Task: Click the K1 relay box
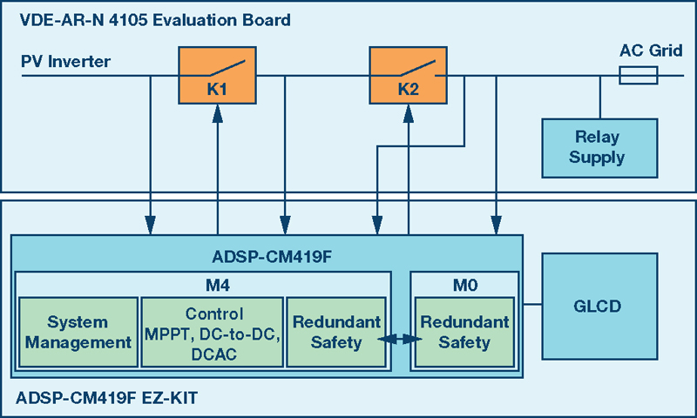click(x=217, y=76)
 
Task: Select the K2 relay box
click(x=408, y=76)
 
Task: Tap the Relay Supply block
click(x=599, y=148)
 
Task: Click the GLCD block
click(x=599, y=306)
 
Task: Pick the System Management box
click(x=78, y=333)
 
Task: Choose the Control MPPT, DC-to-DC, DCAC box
click(x=212, y=333)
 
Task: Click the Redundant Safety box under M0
click(x=464, y=333)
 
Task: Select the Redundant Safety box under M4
click(x=336, y=333)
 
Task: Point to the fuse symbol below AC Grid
click(x=639, y=76)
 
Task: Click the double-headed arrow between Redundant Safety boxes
click(x=400, y=340)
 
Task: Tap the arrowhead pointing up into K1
click(x=217, y=113)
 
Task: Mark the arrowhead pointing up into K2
click(x=408, y=113)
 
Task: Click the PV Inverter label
click(x=66, y=61)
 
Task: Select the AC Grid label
click(x=651, y=51)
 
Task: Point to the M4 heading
click(x=218, y=285)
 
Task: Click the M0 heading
click(x=465, y=285)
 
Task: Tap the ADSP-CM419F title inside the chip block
click(x=272, y=257)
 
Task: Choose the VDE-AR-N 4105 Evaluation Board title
click(x=155, y=20)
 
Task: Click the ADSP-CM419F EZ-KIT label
click(x=106, y=398)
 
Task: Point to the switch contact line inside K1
click(x=227, y=68)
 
